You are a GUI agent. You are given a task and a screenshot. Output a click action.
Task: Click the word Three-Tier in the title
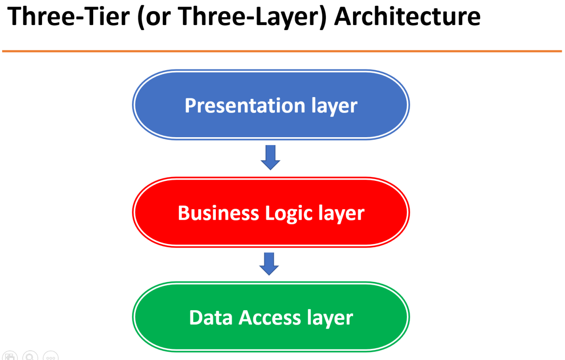pyautogui.click(x=68, y=16)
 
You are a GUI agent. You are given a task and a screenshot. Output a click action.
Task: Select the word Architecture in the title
pyautogui.click(x=407, y=16)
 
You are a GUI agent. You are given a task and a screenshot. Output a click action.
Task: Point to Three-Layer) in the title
pyautogui.click(x=254, y=16)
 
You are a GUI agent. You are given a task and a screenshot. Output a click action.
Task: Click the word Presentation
pyautogui.click(x=245, y=106)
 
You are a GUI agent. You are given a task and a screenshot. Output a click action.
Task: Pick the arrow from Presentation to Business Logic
pyautogui.click(x=271, y=157)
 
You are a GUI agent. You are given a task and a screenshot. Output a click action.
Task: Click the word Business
pyautogui.click(x=218, y=213)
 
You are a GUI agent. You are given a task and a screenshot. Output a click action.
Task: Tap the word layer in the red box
pyautogui.click(x=341, y=214)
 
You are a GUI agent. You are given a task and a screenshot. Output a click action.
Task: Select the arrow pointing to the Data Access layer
pyautogui.click(x=269, y=264)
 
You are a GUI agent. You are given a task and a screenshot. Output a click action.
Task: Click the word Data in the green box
pyautogui.click(x=211, y=318)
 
